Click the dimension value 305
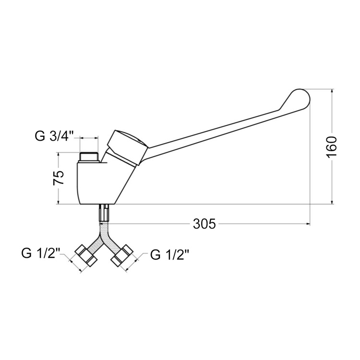tap(204, 224)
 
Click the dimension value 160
tap(331, 146)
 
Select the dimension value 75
tap(58, 178)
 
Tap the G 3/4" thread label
tap(54, 136)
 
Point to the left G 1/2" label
tap(41, 253)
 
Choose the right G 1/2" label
tap(169, 255)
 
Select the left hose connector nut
tap(86, 255)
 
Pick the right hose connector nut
tap(122, 256)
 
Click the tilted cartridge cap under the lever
tap(128, 147)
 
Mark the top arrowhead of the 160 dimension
tap(332, 91)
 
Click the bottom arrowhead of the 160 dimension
tap(332, 202)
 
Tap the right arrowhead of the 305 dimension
tap(308, 224)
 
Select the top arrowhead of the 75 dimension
tap(59, 155)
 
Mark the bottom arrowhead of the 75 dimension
tap(59, 202)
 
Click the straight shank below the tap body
tap(104, 213)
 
